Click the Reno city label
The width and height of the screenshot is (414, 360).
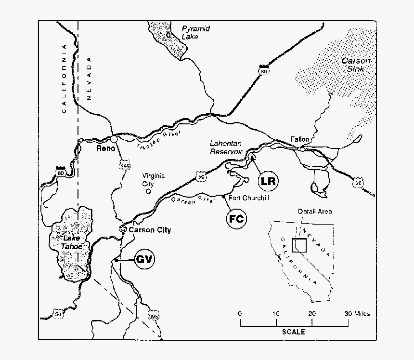(x=105, y=148)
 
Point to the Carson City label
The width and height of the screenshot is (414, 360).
(x=150, y=230)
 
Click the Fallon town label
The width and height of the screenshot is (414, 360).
(x=299, y=139)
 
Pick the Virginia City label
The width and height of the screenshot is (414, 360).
(x=153, y=180)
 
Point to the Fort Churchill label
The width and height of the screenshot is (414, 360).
(x=248, y=198)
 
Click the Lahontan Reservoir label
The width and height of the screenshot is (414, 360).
(x=225, y=147)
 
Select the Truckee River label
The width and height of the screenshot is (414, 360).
(x=158, y=140)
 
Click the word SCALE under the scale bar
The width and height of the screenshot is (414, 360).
(x=293, y=332)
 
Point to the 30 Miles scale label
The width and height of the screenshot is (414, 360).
(x=356, y=314)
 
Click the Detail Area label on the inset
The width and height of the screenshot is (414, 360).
(x=314, y=211)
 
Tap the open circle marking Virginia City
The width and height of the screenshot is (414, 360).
(x=148, y=191)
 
